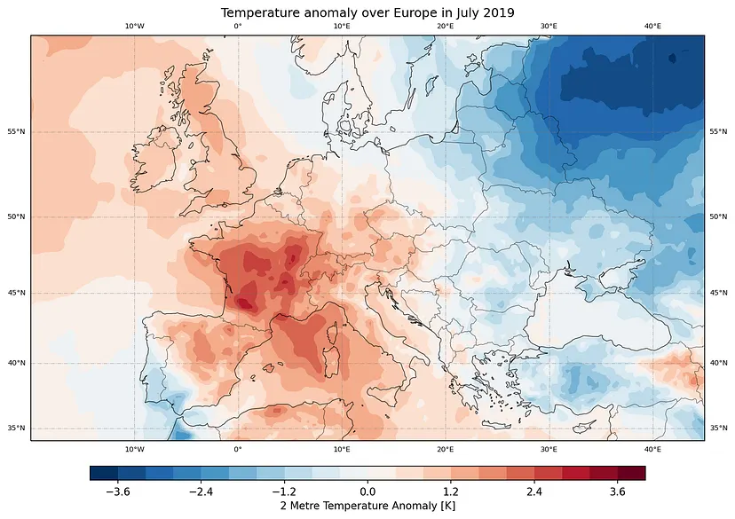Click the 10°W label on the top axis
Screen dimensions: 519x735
(134, 27)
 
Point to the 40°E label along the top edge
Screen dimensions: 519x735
(652, 27)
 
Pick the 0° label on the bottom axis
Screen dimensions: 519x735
(238, 449)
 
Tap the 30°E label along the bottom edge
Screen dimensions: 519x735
(549, 449)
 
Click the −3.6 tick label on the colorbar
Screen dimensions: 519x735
(117, 491)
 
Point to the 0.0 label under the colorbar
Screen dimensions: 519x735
(367, 491)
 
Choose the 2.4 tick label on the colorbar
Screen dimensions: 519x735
(534, 491)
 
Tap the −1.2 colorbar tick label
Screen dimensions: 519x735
(283, 491)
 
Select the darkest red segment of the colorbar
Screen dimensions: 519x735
(631, 473)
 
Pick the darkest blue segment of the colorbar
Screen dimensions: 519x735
(103, 473)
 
